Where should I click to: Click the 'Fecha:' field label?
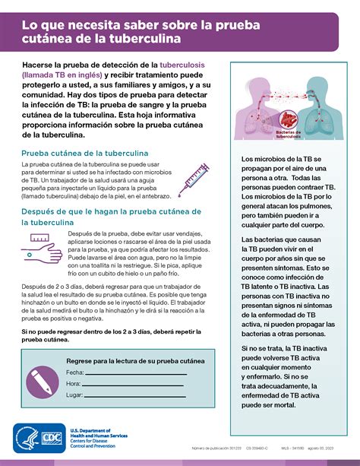coord(74,372)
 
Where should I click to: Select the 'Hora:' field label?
coord(74,384)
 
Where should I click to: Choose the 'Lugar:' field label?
coord(74,395)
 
